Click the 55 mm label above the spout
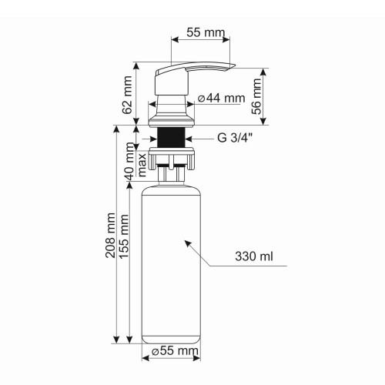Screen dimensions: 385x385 tap(203, 33)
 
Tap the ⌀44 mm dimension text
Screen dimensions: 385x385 tap(221, 98)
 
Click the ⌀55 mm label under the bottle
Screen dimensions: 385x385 tap(175, 351)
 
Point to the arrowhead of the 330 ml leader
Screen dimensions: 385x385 tap(184, 242)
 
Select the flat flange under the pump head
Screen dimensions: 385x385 tap(171, 122)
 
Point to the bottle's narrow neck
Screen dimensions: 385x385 tap(171, 176)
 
